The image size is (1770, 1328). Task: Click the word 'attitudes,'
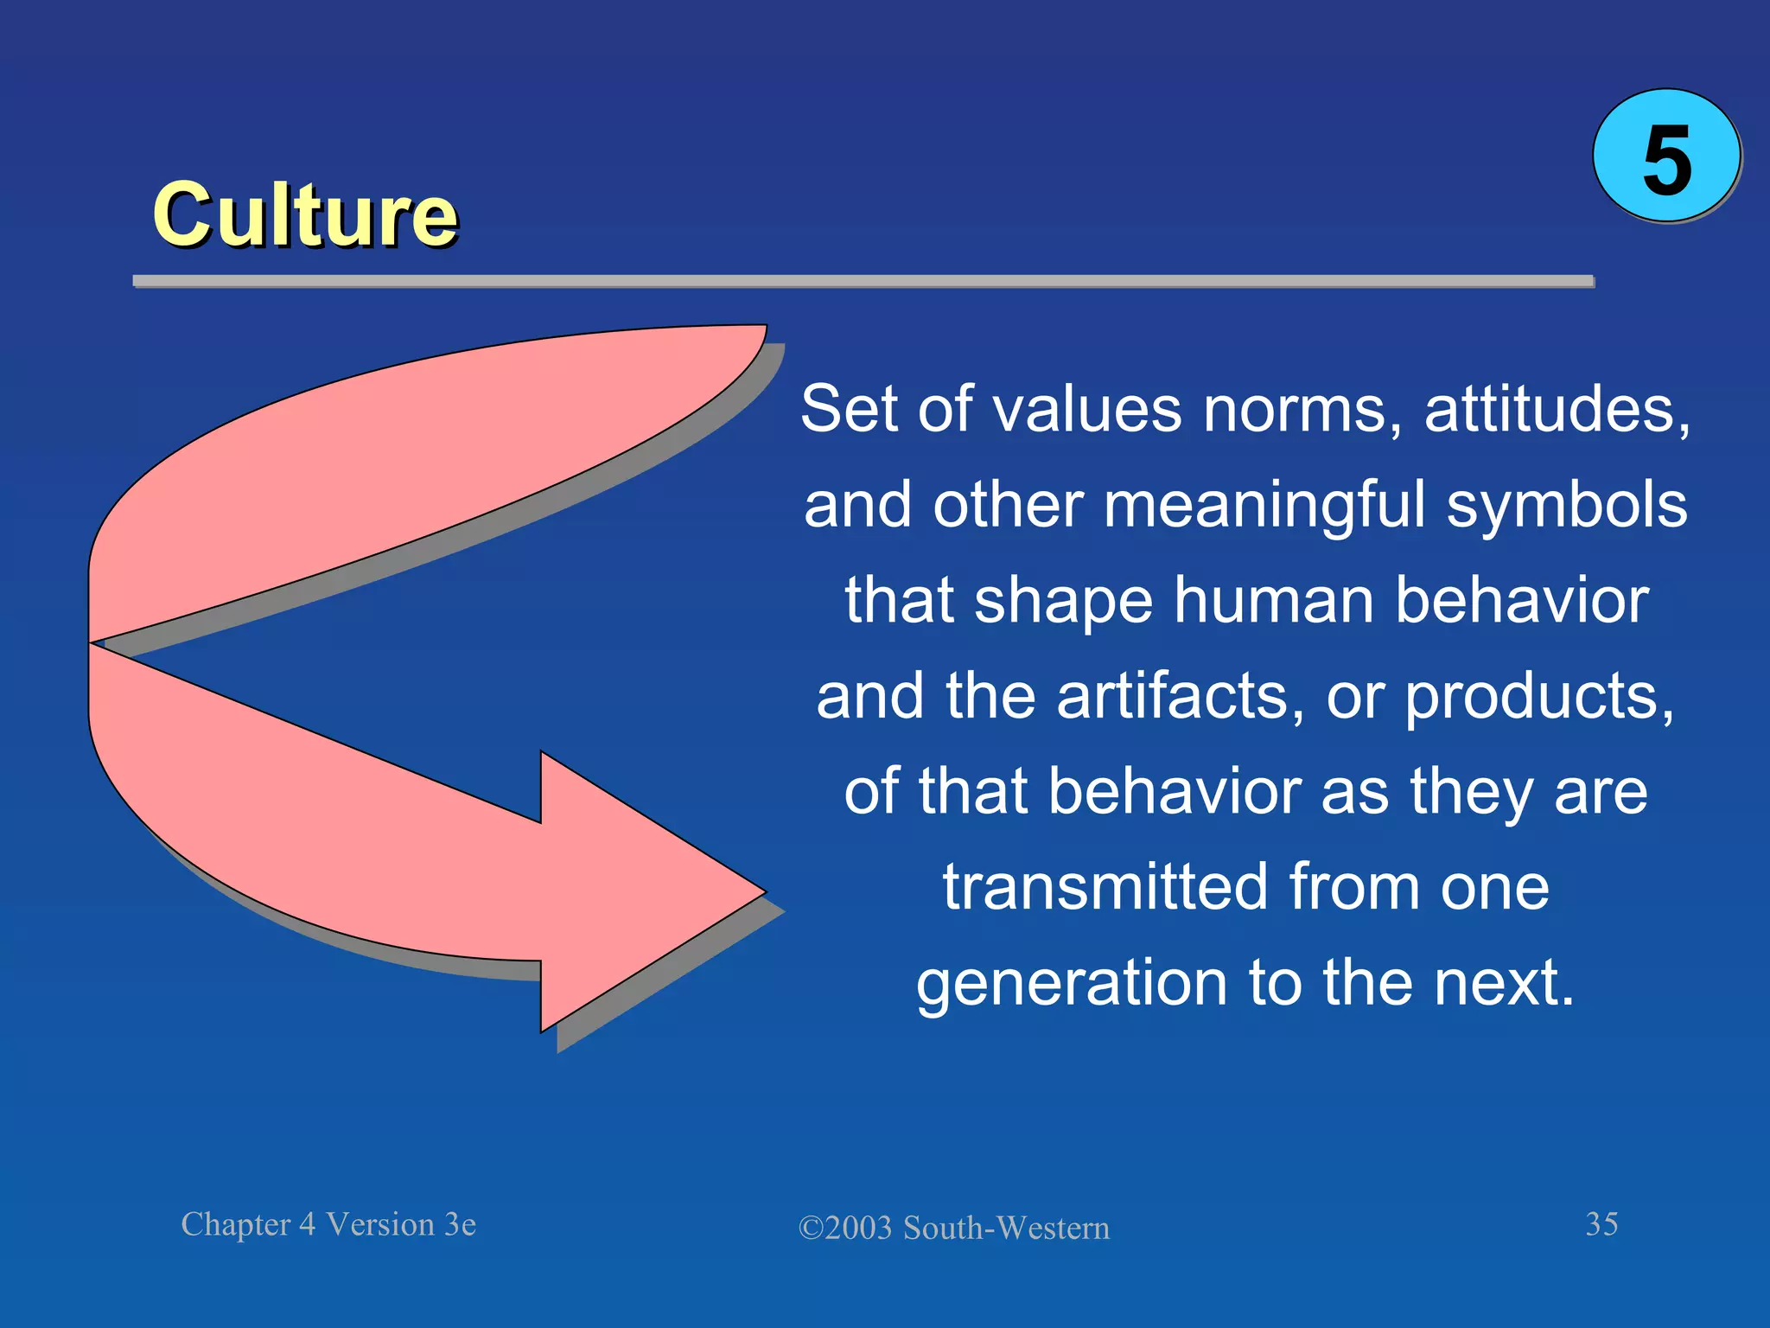tap(1557, 409)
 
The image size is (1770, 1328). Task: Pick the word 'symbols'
tap(1566, 505)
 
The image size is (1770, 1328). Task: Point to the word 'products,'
tap(1539, 696)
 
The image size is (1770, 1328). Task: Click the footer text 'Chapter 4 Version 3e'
tap(328, 1224)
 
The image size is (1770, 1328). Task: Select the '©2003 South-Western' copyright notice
tap(953, 1228)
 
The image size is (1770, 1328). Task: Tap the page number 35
tap(1601, 1224)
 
